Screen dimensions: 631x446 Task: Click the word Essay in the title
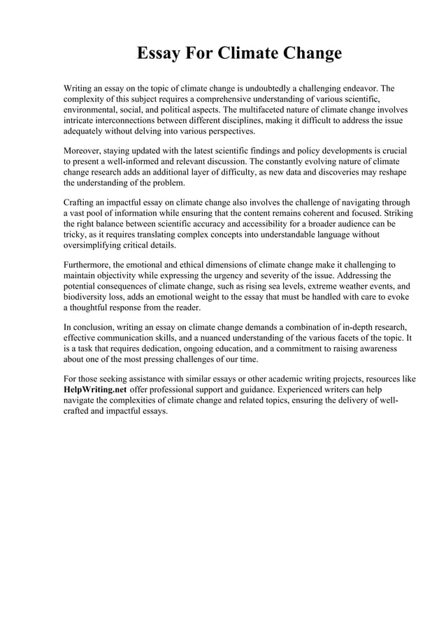tap(159, 54)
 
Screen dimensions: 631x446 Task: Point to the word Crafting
tap(80, 203)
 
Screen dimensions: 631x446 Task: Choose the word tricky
tap(75, 234)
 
